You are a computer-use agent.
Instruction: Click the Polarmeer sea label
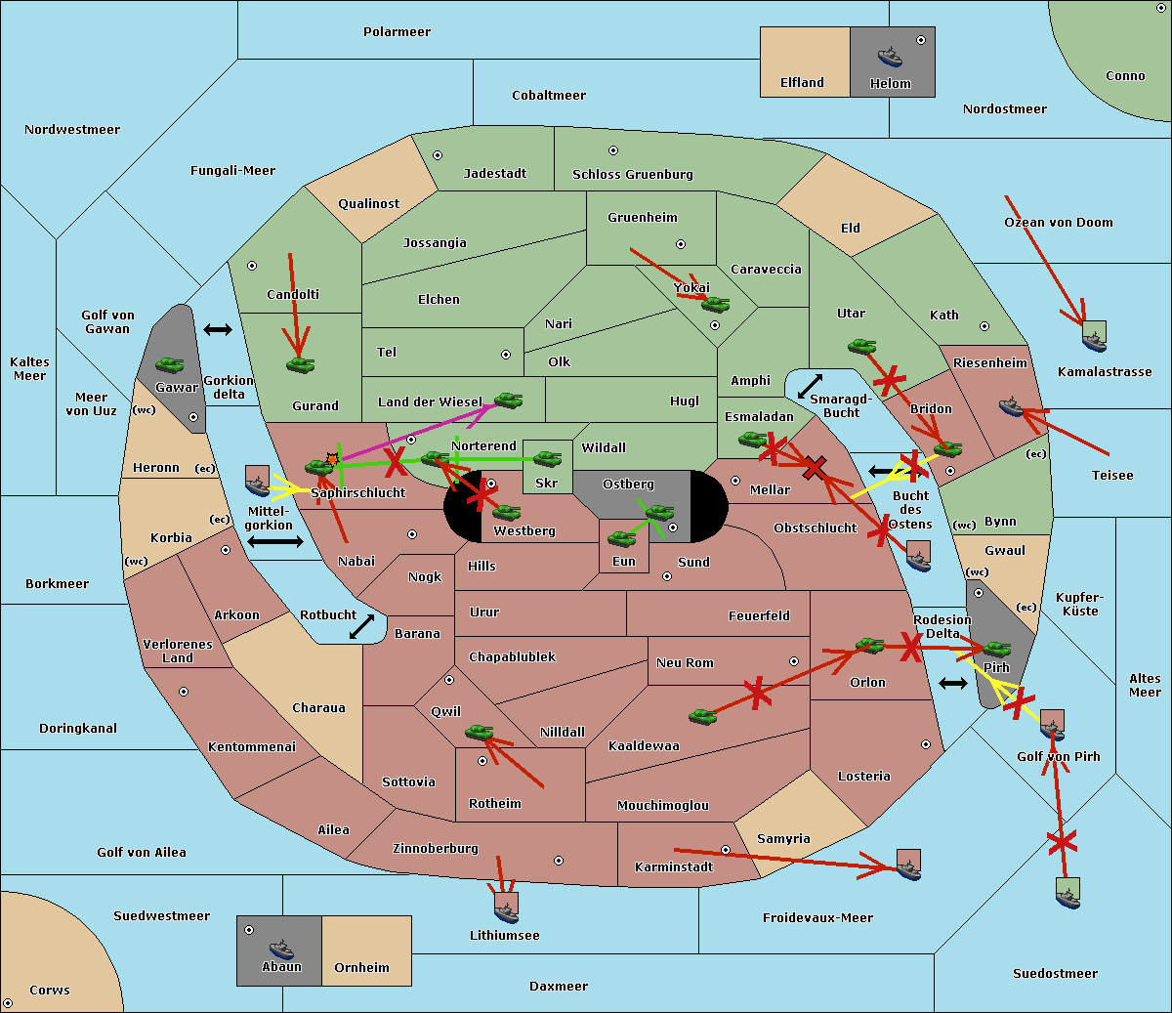pyautogui.click(x=397, y=32)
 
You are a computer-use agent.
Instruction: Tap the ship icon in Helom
pyautogui.click(x=890, y=57)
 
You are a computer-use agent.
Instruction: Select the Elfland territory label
pyautogui.click(x=802, y=83)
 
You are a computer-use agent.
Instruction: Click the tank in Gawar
pyautogui.click(x=170, y=365)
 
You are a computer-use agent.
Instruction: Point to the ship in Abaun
pyautogui.click(x=281, y=949)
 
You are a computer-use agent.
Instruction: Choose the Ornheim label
pyautogui.click(x=361, y=968)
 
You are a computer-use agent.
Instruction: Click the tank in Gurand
pyautogui.click(x=300, y=365)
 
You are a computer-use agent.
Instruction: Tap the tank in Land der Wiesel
pyautogui.click(x=508, y=400)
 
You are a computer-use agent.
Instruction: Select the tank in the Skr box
pyautogui.click(x=547, y=458)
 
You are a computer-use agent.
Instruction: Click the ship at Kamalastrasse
pyautogui.click(x=1095, y=338)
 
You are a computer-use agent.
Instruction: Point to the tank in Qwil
pyautogui.click(x=479, y=732)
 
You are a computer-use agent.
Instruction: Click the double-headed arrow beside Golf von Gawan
pyautogui.click(x=218, y=330)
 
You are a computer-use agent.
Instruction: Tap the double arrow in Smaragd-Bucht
pyautogui.click(x=810, y=386)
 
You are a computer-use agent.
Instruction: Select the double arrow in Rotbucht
pyautogui.click(x=362, y=626)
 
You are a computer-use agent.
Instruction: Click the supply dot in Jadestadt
pyautogui.click(x=438, y=155)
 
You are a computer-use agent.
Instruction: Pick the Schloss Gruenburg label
pyautogui.click(x=632, y=175)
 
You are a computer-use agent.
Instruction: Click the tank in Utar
pyautogui.click(x=861, y=346)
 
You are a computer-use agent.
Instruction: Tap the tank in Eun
pyautogui.click(x=622, y=538)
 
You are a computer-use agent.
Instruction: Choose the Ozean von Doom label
pyautogui.click(x=1059, y=223)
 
